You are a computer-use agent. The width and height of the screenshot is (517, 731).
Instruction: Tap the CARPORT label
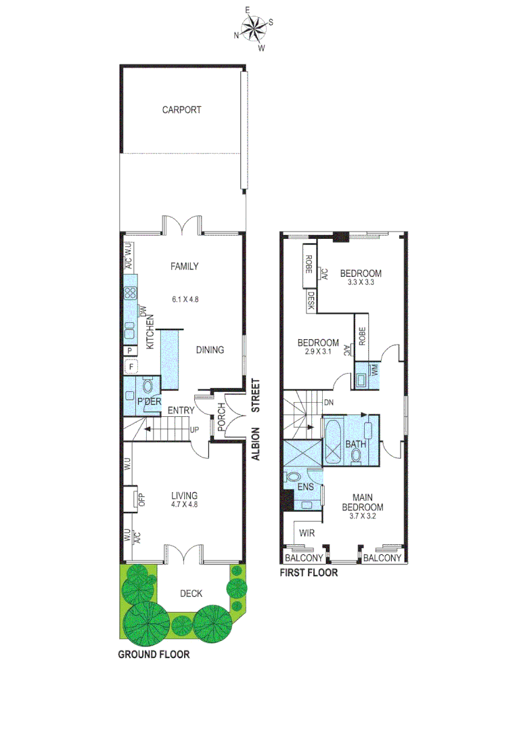click(181, 110)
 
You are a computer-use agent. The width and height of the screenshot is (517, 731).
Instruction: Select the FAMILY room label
click(184, 267)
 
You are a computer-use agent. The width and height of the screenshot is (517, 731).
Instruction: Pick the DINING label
click(210, 350)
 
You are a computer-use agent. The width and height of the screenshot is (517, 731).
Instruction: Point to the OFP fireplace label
click(141, 500)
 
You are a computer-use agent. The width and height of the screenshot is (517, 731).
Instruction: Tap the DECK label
click(191, 594)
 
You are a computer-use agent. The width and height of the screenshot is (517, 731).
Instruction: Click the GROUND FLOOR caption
click(154, 655)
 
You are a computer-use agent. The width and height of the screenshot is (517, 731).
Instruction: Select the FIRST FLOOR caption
click(309, 573)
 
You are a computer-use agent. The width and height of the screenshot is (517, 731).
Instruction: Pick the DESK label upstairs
click(310, 301)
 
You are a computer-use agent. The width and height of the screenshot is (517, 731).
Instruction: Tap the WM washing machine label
click(374, 370)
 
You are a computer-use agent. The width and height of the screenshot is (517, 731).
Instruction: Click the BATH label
click(355, 445)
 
